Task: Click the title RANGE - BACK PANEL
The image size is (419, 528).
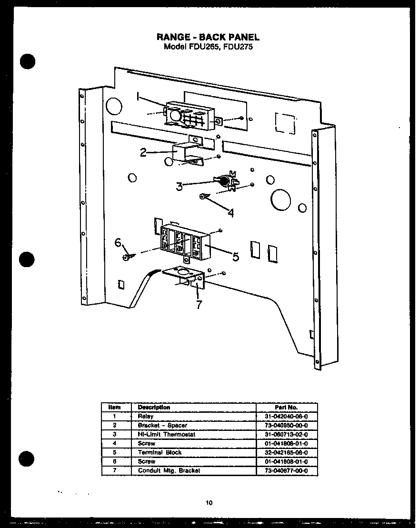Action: (x=208, y=37)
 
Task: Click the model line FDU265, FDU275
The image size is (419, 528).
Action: (x=208, y=47)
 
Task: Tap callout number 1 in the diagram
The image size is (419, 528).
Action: (x=138, y=97)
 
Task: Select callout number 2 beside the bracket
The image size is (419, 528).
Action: (x=143, y=153)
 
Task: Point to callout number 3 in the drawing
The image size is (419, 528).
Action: (x=179, y=187)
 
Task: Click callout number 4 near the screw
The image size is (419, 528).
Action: (x=230, y=213)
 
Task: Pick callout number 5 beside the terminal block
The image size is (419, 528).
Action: (x=235, y=257)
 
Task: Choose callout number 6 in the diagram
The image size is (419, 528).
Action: (x=119, y=243)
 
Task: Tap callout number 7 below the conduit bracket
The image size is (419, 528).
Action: (x=199, y=305)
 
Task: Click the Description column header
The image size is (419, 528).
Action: (x=153, y=407)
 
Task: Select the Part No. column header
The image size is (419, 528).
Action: (x=286, y=407)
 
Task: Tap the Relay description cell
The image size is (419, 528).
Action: (x=146, y=416)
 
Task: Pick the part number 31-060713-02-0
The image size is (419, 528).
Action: (x=286, y=434)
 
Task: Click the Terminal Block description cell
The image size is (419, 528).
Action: (x=160, y=452)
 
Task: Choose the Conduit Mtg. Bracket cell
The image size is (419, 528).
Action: (x=169, y=470)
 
